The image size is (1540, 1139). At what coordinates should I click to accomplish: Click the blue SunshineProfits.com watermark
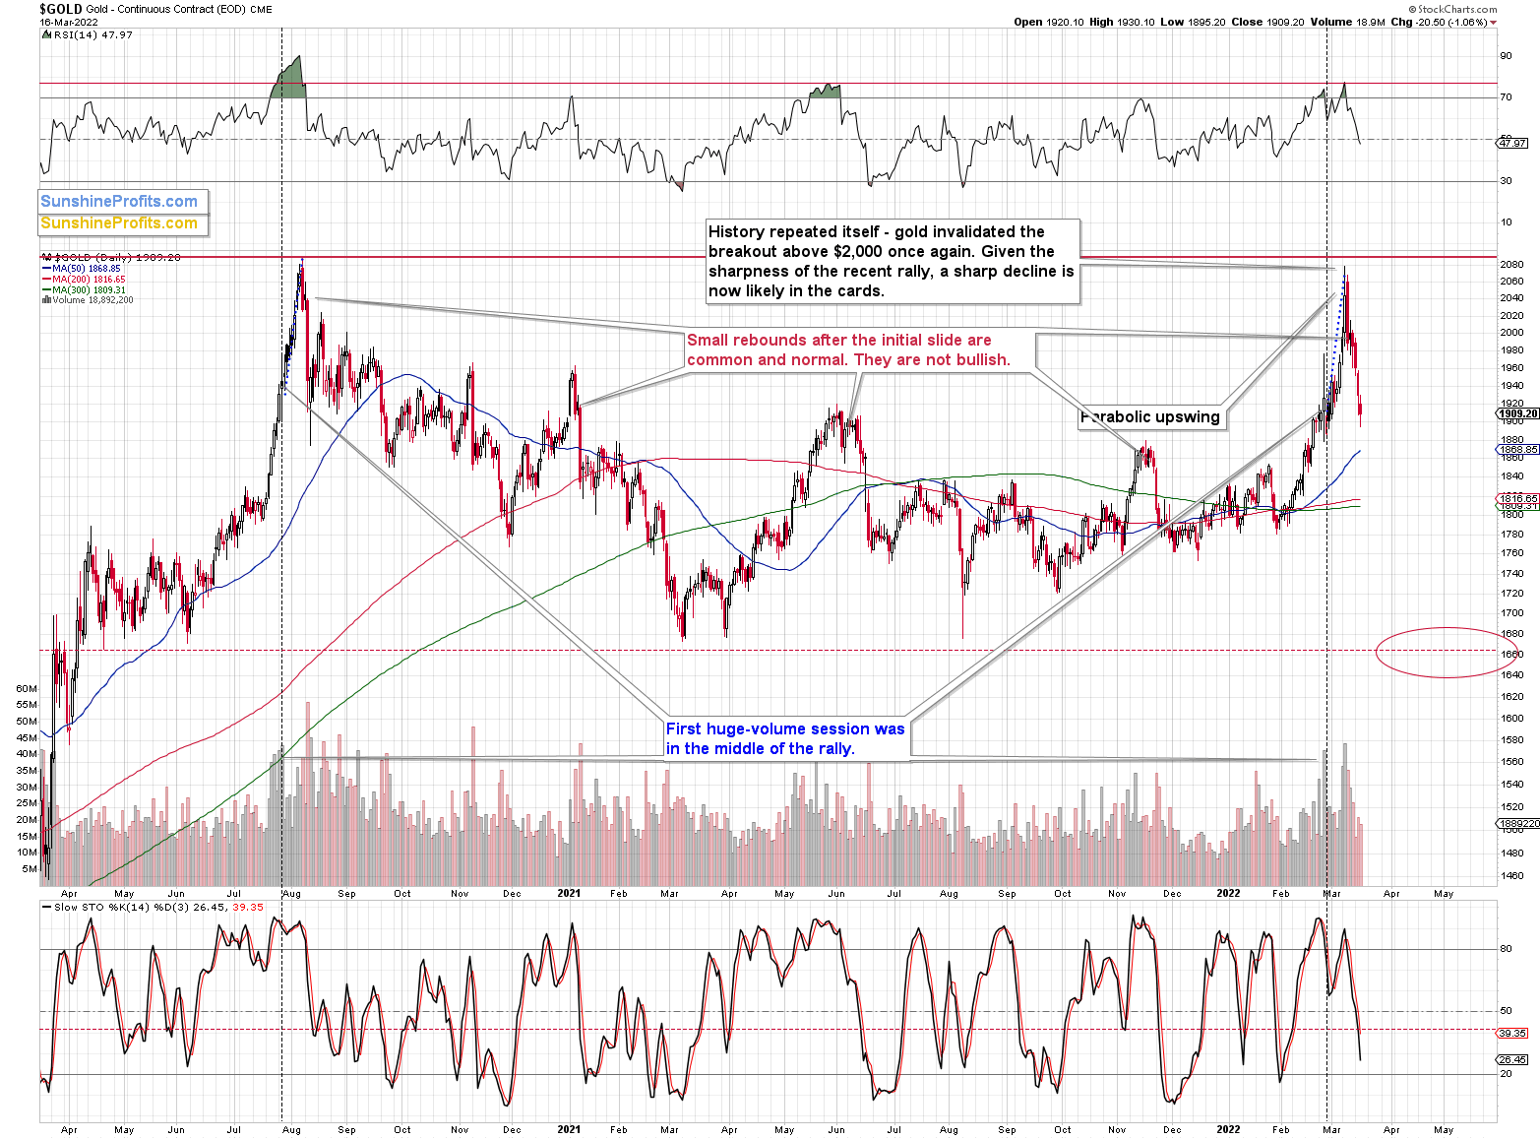tap(119, 202)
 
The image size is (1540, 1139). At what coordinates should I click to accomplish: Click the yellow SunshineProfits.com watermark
tap(119, 223)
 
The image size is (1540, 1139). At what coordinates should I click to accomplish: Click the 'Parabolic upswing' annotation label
tap(1149, 417)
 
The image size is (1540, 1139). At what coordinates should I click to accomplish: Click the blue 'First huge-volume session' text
tap(784, 738)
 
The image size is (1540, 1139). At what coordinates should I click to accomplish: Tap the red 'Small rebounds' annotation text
tap(848, 349)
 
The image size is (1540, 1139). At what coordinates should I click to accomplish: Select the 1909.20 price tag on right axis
tap(1517, 413)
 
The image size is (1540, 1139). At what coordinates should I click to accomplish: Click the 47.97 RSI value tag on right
tap(1512, 144)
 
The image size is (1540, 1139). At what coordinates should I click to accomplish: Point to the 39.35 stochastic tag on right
tap(1512, 1034)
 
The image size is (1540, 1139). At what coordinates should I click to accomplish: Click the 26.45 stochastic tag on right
tap(1512, 1060)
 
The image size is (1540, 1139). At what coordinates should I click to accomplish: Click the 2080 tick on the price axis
tap(1511, 265)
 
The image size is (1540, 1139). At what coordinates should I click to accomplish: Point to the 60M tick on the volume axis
tap(27, 689)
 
